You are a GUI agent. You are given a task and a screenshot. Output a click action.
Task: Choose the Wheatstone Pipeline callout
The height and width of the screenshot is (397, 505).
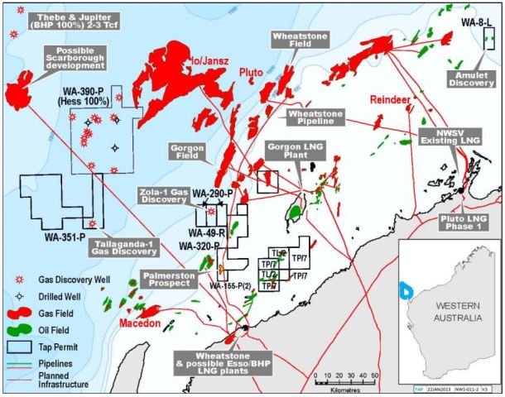317,117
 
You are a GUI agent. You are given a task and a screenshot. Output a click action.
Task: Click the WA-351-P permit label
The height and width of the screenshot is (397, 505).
65,237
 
